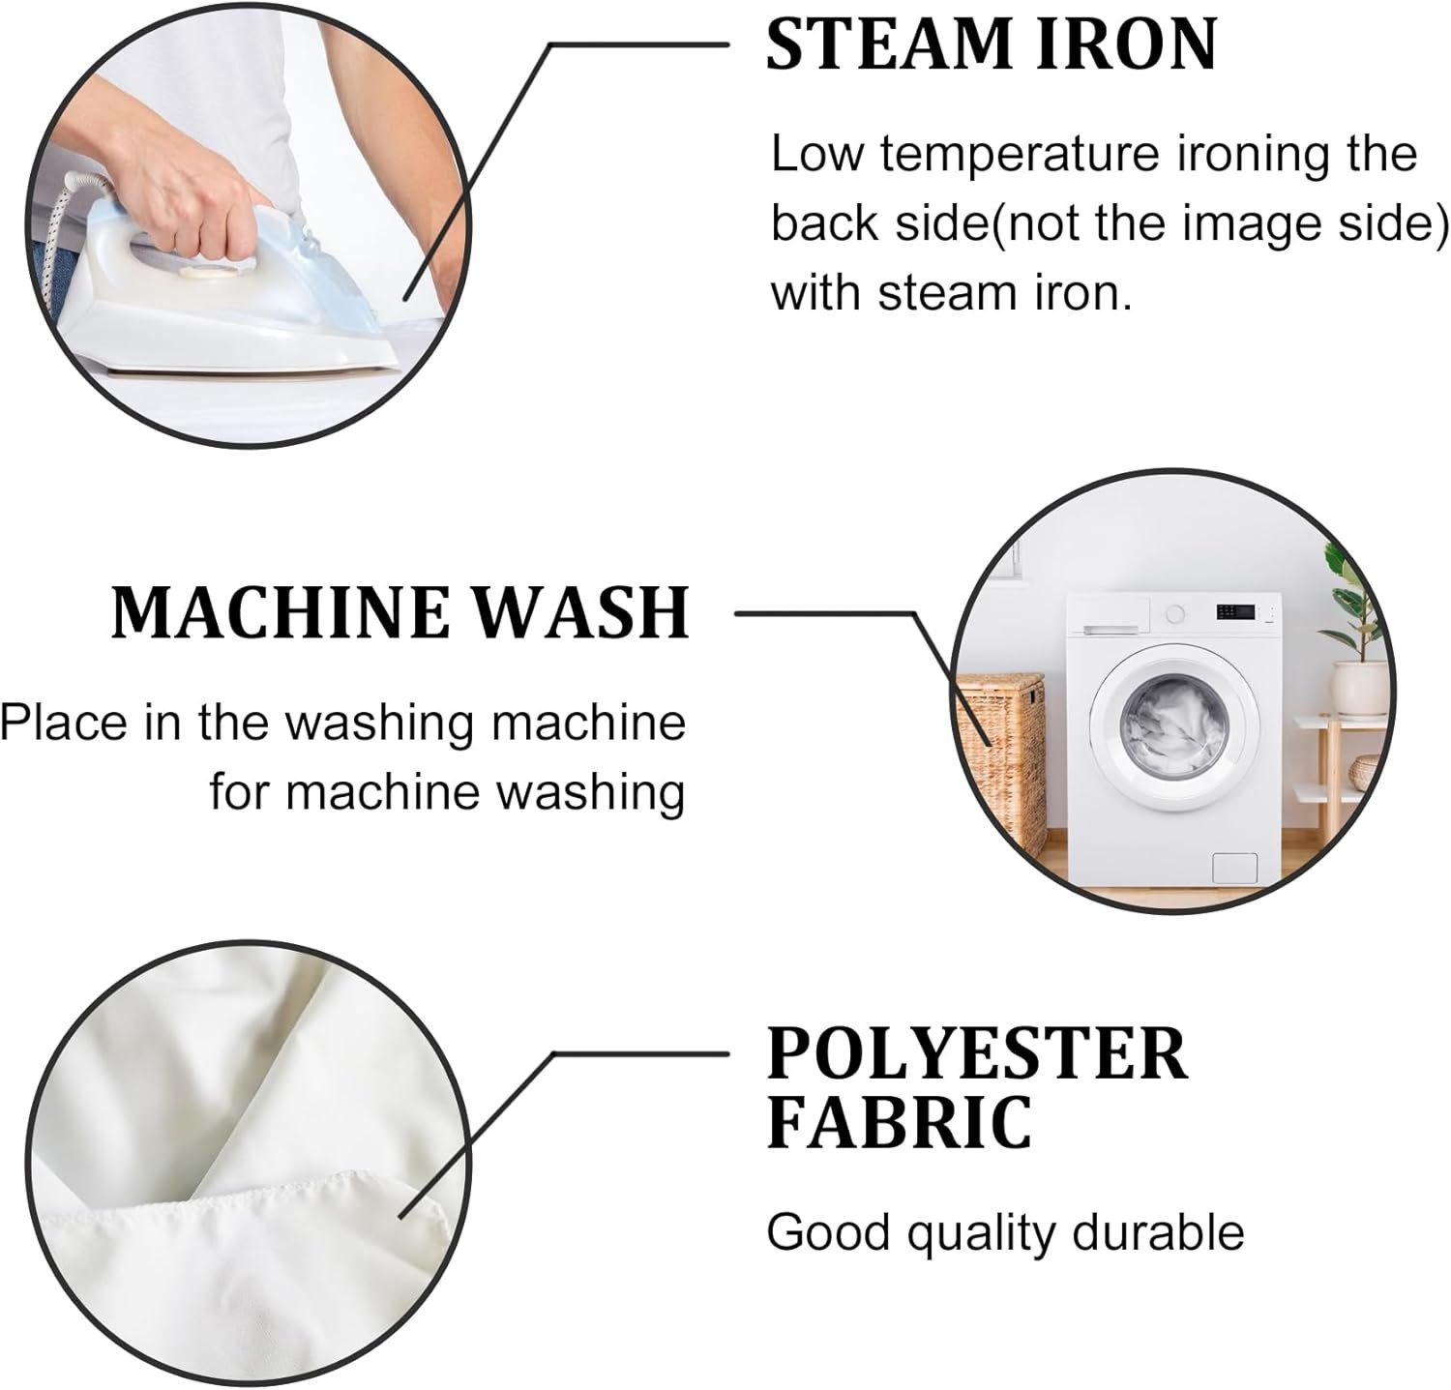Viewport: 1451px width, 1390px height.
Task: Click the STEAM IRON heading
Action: pyautogui.click(x=992, y=44)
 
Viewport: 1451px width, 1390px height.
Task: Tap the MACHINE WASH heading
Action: pyautogui.click(x=400, y=611)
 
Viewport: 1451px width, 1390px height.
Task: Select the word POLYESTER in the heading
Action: pyautogui.click(x=977, y=1053)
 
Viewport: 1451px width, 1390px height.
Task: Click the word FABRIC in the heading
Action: pyautogui.click(x=900, y=1121)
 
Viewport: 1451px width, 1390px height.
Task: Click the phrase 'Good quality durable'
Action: pyautogui.click(x=1005, y=1233)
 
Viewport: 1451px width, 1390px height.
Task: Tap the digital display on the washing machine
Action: pyautogui.click(x=1235, y=612)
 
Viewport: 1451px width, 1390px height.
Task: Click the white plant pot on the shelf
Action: pyautogui.click(x=1359, y=688)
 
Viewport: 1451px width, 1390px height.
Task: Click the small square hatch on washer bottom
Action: pyautogui.click(x=1235, y=867)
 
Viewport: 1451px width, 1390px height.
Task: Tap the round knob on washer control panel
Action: pyautogui.click(x=1175, y=613)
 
